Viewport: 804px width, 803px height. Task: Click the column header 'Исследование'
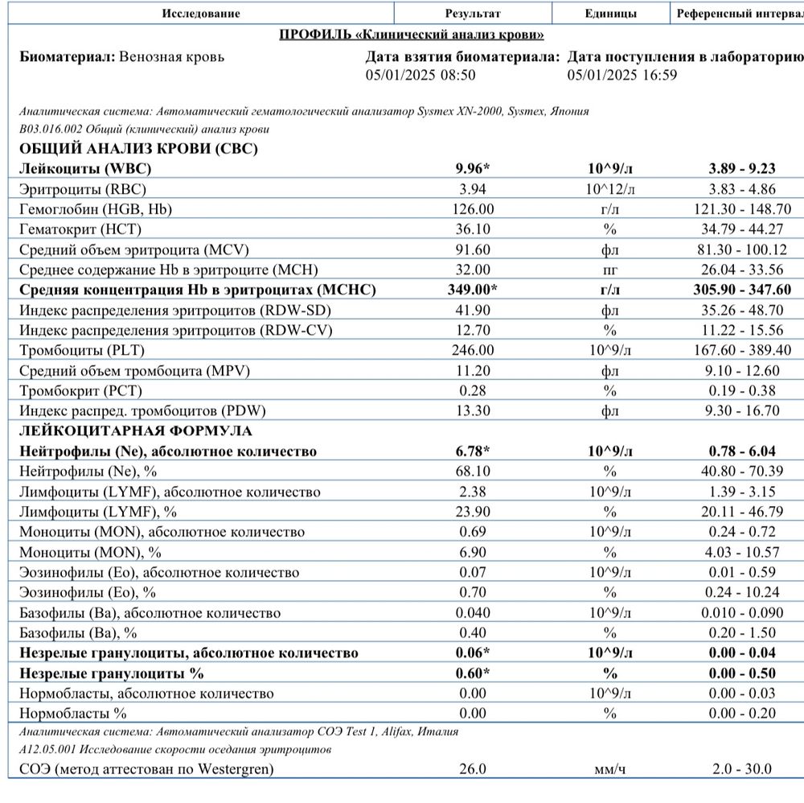point(200,14)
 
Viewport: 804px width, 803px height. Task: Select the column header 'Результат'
point(473,14)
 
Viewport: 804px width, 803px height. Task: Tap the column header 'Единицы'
point(611,14)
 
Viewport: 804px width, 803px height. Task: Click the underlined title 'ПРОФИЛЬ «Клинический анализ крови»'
point(411,35)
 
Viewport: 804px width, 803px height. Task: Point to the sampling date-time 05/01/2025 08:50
point(420,75)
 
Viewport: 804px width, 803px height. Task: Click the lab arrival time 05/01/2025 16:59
point(622,75)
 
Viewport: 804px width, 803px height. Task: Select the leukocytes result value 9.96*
point(473,169)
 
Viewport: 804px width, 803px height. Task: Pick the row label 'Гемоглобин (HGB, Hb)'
point(96,209)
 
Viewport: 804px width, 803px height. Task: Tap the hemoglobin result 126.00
point(473,209)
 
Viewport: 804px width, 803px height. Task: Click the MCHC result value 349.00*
point(473,290)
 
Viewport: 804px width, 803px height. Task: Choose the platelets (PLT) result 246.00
point(473,351)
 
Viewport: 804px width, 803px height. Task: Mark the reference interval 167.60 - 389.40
point(744,351)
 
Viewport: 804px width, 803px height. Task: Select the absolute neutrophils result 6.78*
point(473,451)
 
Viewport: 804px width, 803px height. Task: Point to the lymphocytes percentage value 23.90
point(473,512)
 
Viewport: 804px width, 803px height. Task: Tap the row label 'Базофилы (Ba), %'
point(77,632)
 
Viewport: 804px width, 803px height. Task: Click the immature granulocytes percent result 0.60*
point(473,673)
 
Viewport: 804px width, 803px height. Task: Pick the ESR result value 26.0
point(473,769)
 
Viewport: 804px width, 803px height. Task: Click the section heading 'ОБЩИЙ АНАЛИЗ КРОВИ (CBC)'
point(138,149)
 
